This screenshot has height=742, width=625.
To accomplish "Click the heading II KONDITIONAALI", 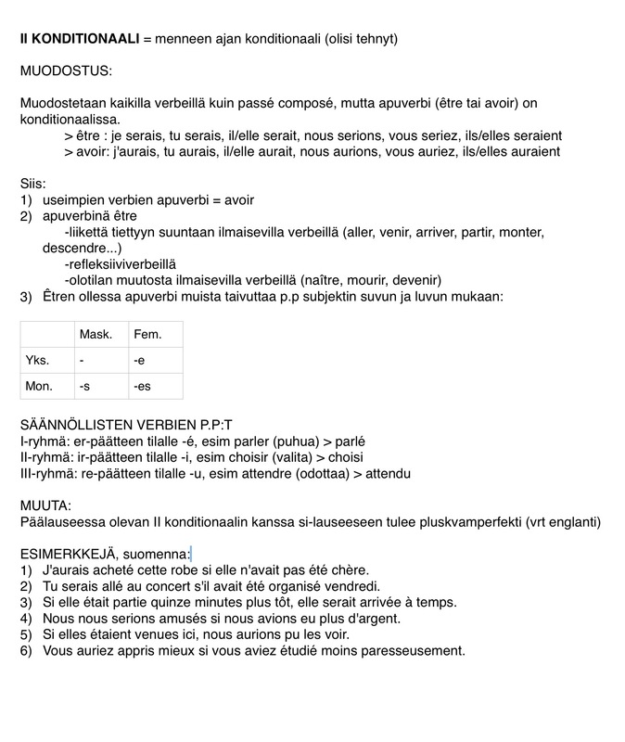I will [x=80, y=39].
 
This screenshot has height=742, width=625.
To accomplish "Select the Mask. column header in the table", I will [x=96, y=334].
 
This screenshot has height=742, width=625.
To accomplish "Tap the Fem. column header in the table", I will [x=147, y=334].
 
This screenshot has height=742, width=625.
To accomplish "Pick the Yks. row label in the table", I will [x=37, y=360].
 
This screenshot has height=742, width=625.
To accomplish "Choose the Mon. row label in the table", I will [x=39, y=386].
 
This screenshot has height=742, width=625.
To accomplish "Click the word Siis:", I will [x=33, y=184].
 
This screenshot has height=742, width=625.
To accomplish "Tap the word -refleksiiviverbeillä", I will [x=120, y=264].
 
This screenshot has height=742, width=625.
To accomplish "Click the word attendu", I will [x=386, y=474].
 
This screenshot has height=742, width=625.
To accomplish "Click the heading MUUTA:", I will [x=45, y=506].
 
